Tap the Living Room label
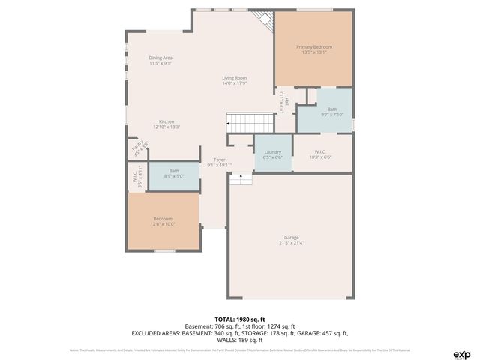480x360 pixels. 234,78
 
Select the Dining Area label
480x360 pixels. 160,58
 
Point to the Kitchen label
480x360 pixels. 166,122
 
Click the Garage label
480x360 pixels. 291,238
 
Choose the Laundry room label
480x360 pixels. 273,152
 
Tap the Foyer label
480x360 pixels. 220,160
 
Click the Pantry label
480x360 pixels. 136,147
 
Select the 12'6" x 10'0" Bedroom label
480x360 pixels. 163,219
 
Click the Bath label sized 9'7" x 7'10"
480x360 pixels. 332,109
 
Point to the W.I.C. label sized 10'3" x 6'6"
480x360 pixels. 320,152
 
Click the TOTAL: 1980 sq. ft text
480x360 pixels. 240,319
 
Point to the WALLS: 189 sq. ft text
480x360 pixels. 240,340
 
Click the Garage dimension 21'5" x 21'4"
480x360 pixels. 291,243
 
